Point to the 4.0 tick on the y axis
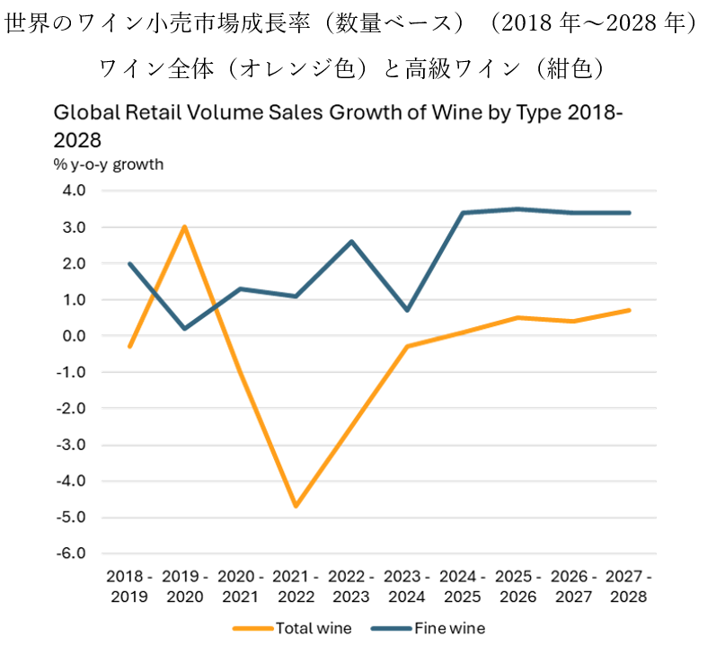tap(73, 190)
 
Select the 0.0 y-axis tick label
tap(73, 336)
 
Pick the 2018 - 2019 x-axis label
tap(129, 585)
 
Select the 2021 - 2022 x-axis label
tap(296, 585)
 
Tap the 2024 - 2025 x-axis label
tap(462, 585)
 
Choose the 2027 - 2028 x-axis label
tap(628, 585)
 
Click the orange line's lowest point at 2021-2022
tap(296, 506)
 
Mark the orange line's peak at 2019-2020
tap(185, 226)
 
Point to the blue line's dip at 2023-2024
tap(407, 310)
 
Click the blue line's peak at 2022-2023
tap(351, 242)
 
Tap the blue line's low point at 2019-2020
tap(185, 328)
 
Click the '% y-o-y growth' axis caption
tap(108, 164)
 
